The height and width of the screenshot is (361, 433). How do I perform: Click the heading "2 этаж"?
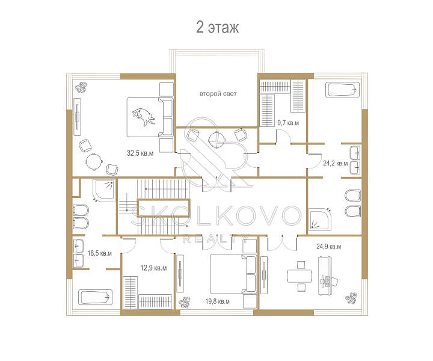[x=217, y=27]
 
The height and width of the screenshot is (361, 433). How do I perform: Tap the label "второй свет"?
[x=218, y=94]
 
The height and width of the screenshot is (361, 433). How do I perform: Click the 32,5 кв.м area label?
[x=140, y=153]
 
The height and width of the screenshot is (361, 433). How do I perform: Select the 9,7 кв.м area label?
[x=288, y=123]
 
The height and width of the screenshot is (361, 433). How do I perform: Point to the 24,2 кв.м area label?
[x=335, y=163]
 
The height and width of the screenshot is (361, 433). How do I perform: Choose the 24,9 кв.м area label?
[x=328, y=246]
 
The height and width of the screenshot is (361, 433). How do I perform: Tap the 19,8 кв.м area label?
[x=217, y=301]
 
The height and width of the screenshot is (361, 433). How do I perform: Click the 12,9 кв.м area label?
[x=153, y=268]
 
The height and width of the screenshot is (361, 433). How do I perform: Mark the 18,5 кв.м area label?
[x=99, y=253]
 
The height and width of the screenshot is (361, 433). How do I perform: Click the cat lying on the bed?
[x=143, y=117]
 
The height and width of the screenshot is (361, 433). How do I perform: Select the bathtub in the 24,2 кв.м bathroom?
[x=343, y=90]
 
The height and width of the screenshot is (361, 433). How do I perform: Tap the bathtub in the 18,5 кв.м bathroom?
[x=95, y=297]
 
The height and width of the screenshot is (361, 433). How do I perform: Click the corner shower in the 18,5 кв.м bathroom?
[x=103, y=191]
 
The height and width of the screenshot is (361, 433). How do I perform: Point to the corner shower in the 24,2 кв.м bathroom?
[x=319, y=219]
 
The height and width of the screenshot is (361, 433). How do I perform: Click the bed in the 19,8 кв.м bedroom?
[x=233, y=274]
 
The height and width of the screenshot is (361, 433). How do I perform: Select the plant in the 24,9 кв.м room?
[x=351, y=298]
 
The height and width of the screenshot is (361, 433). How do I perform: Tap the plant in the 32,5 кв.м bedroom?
[x=81, y=88]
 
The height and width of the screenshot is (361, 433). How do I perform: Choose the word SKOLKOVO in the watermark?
[x=216, y=215]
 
